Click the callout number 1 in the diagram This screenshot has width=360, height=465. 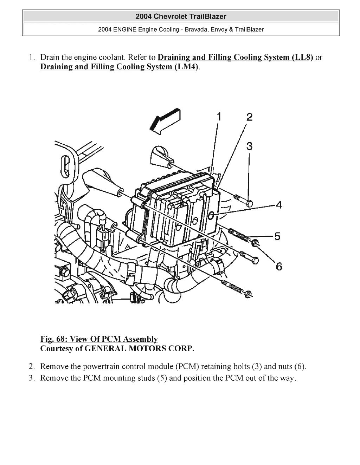pos(219,116)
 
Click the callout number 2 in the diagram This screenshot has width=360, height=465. pos(249,117)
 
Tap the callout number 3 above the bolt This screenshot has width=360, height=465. pos(249,146)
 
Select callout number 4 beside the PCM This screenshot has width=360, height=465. pos(279,205)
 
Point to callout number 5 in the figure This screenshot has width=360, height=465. pos(277,236)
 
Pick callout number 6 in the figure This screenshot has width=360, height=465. pos(279,267)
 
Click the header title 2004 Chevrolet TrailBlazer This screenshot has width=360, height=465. pos(181,17)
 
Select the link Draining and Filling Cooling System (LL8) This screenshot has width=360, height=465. pos(235,57)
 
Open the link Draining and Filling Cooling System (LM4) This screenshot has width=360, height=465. pos(120,67)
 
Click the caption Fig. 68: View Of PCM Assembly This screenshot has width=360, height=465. pos(99,339)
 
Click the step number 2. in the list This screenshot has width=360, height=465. pos(32,367)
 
